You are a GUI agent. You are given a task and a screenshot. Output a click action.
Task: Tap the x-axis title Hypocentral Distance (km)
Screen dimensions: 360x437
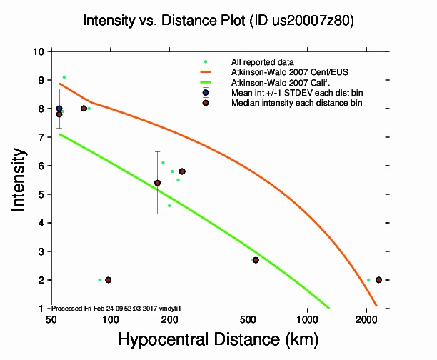coord(218,339)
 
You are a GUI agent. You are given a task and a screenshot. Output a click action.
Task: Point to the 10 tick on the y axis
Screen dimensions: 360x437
coord(41,51)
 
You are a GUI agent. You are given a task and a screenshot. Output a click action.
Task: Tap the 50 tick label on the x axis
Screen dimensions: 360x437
coord(51,318)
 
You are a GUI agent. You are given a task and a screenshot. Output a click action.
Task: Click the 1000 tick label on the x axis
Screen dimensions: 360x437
coord(307,318)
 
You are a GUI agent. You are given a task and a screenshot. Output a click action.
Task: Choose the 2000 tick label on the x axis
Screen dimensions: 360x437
coord(366,318)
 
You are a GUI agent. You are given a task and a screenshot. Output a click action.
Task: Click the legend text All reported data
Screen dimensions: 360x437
coord(261,62)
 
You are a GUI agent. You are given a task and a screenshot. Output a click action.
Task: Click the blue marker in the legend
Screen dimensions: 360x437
coord(206,93)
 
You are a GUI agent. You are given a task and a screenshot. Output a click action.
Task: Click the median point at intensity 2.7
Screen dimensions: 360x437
coord(256,260)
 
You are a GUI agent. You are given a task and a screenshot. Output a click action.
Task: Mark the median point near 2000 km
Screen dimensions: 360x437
coord(378,280)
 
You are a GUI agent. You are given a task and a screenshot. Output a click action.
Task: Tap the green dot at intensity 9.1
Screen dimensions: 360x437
coord(64,77)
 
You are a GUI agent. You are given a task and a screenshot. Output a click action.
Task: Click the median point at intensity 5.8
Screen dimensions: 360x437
coord(182,171)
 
